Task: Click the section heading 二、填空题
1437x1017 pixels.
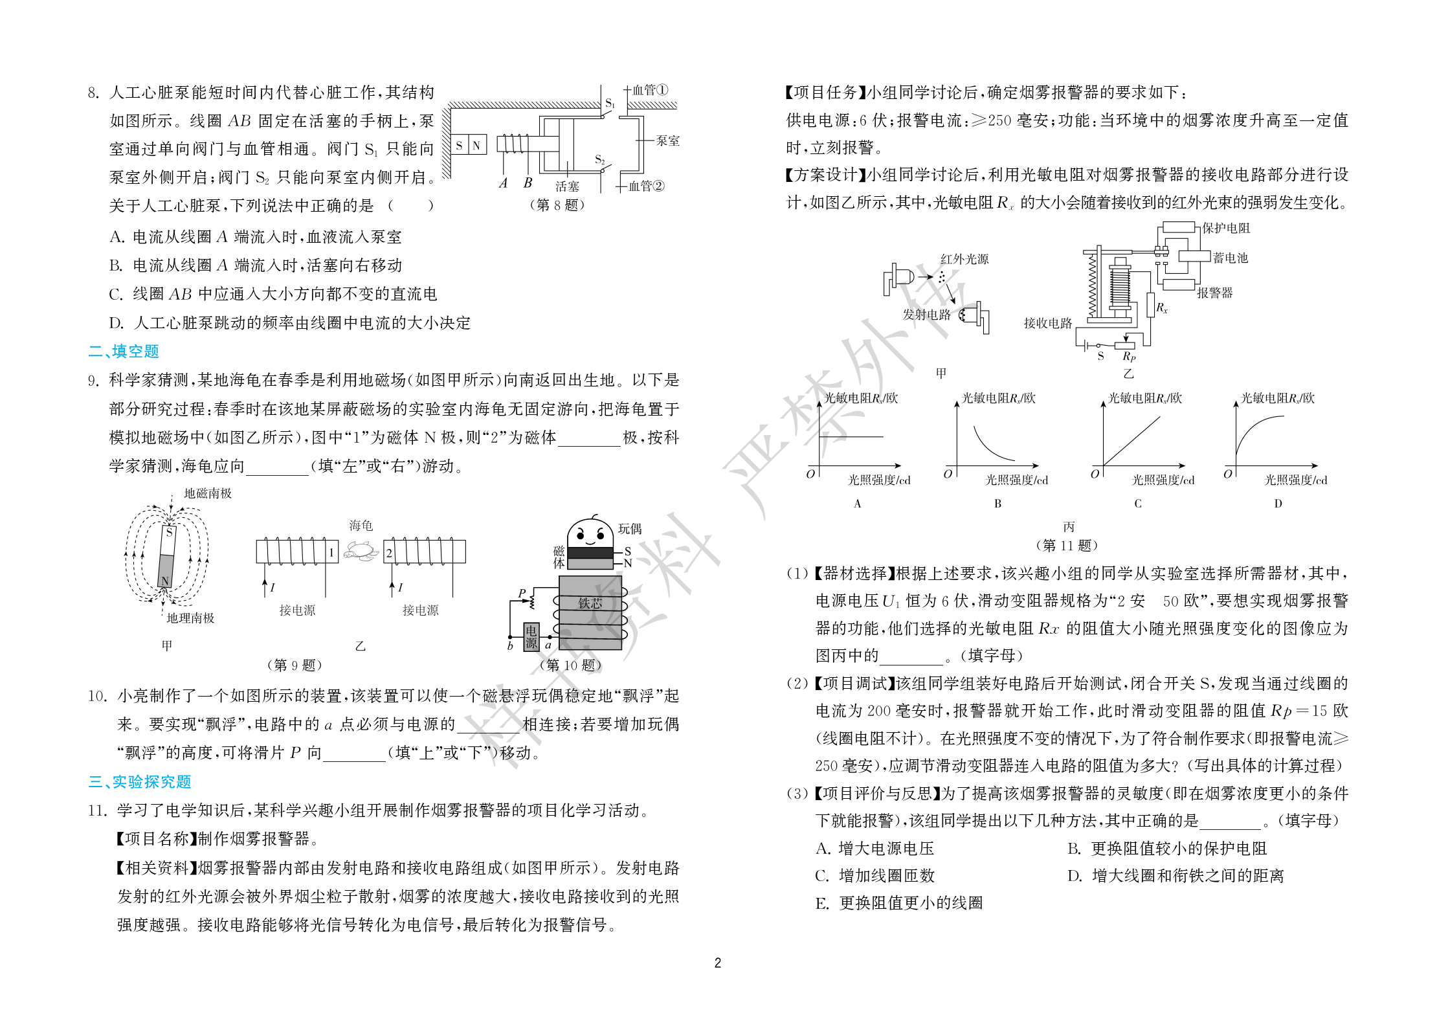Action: (124, 351)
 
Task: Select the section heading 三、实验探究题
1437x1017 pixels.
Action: (140, 781)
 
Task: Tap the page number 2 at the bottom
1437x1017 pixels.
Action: (717, 963)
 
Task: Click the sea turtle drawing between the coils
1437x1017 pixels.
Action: (361, 551)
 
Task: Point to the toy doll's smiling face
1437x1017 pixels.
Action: (590, 533)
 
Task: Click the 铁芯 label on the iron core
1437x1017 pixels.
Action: (590, 603)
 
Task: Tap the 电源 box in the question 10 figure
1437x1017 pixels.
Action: (531, 636)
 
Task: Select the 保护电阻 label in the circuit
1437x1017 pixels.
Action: (1226, 228)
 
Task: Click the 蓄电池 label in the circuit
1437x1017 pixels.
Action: (1230, 258)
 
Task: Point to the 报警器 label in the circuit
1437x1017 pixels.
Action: (1214, 293)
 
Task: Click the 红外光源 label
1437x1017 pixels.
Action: (964, 259)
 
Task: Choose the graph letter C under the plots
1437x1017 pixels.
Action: (1137, 504)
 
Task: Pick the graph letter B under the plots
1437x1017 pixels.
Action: (997, 504)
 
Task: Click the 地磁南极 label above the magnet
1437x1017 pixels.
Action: (208, 493)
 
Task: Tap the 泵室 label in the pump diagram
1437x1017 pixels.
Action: (667, 140)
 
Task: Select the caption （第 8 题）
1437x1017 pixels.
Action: (557, 205)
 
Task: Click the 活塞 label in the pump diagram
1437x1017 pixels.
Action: (567, 186)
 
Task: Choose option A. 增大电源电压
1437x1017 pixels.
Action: (874, 848)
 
